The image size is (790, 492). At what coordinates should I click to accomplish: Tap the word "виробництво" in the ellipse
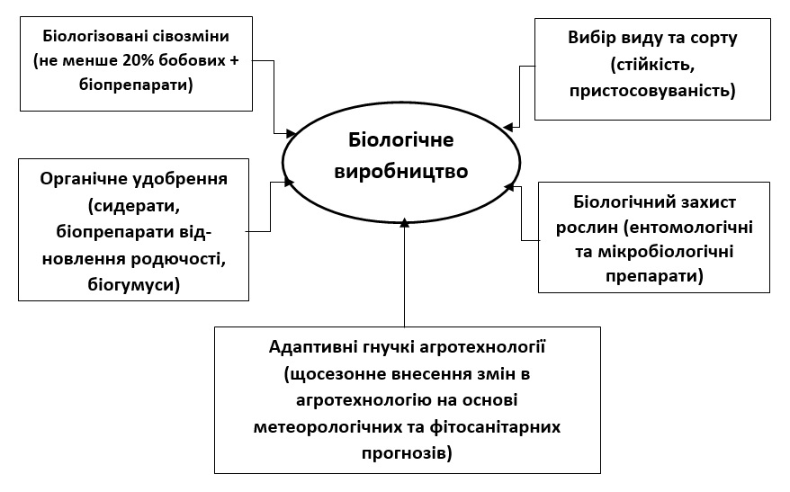(x=401, y=171)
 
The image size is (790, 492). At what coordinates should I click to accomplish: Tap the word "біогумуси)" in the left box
(x=134, y=285)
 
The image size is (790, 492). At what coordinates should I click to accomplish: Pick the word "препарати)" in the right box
(x=654, y=276)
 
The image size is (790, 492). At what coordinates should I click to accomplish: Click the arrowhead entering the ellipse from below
(x=405, y=221)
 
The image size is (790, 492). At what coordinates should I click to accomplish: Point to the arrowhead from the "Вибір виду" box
(x=509, y=128)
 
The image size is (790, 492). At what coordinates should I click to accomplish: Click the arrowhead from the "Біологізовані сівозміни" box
(x=280, y=132)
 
